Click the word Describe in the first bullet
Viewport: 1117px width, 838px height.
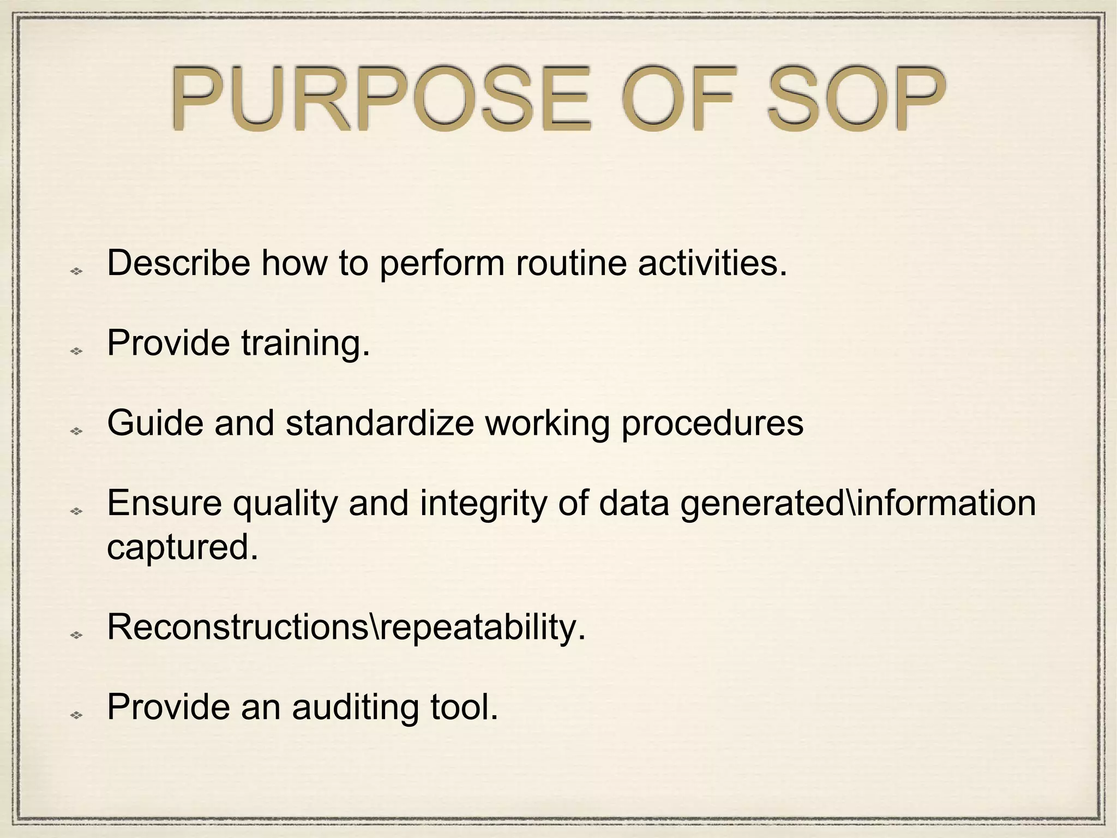click(x=178, y=263)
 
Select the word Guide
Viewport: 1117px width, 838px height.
click(x=155, y=423)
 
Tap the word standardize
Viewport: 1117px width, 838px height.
click(x=380, y=423)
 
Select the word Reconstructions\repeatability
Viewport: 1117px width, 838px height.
click(x=346, y=627)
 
